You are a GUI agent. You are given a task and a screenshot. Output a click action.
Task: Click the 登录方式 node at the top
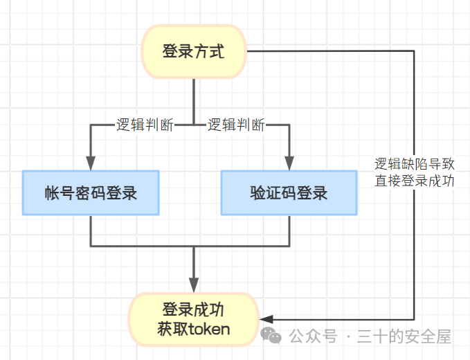tap(194, 52)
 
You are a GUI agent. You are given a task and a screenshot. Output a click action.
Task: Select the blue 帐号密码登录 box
tap(91, 192)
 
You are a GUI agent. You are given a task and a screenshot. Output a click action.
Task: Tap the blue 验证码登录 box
tap(289, 192)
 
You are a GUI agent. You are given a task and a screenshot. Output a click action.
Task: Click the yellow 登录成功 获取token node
tap(194, 318)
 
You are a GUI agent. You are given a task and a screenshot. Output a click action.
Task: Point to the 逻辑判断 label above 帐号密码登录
tap(145, 125)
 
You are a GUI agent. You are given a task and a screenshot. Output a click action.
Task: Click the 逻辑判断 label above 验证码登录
tap(236, 125)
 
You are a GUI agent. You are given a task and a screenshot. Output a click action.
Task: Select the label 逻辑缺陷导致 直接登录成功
tap(415, 173)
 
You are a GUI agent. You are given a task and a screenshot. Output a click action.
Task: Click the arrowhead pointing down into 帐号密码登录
tap(91, 163)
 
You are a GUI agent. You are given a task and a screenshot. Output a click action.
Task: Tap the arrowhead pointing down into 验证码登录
tap(289, 163)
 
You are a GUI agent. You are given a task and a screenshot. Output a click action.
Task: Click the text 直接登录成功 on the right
tap(415, 182)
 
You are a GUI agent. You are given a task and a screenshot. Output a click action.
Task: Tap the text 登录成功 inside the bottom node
tap(194, 309)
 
